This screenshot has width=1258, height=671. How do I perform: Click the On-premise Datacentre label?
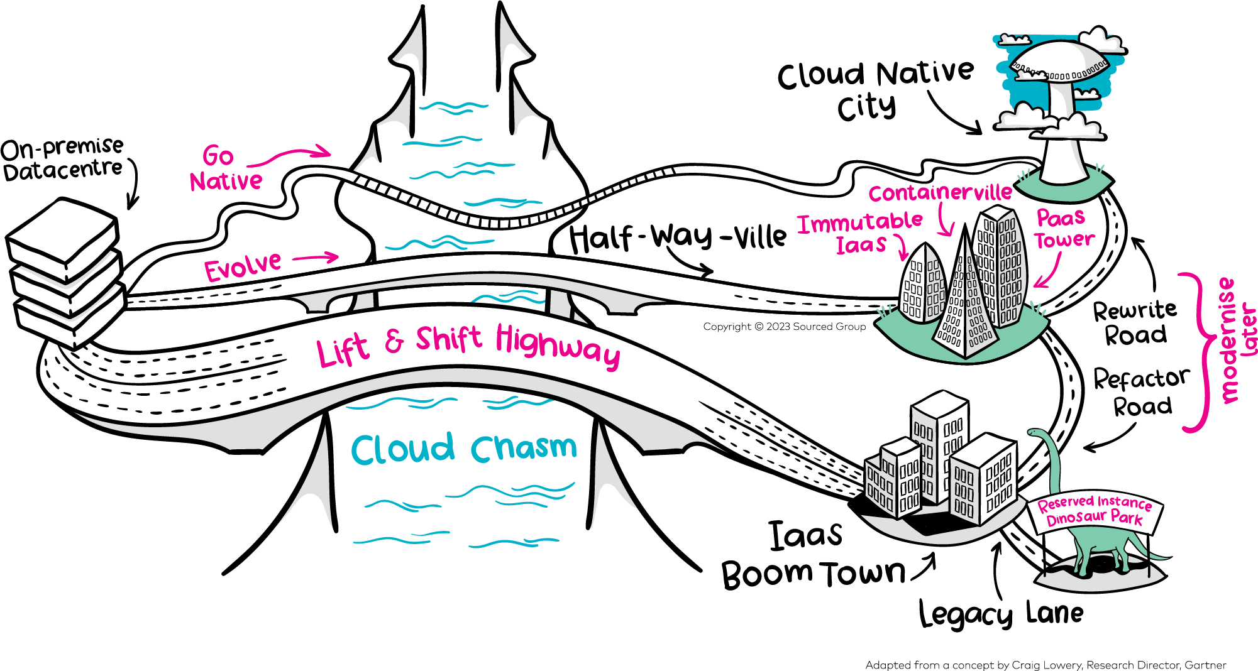(63, 159)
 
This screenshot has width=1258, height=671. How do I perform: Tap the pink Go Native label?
(224, 169)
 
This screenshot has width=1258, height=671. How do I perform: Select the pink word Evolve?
(243, 267)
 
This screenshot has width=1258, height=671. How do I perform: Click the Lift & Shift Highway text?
(468, 345)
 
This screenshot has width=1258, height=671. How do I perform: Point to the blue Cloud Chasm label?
(463, 449)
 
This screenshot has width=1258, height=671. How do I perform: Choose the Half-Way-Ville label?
(677, 237)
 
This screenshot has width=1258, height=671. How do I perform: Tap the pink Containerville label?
(940, 192)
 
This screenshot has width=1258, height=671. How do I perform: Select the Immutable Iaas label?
(860, 232)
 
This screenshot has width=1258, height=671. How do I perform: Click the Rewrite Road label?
(1135, 322)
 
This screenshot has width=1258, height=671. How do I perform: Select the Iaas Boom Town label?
(811, 555)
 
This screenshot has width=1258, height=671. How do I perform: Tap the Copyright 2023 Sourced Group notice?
(784, 327)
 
